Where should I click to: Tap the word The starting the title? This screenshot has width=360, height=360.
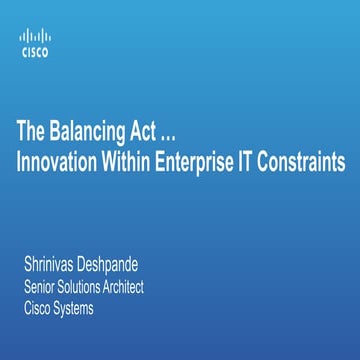(27, 131)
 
